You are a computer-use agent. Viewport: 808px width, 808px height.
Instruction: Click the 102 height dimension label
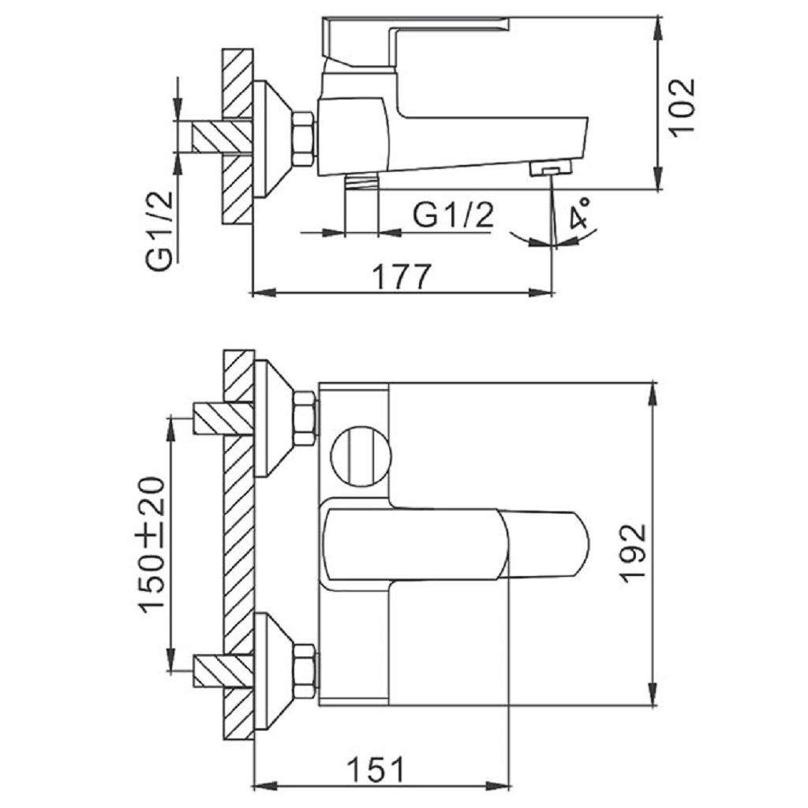[x=683, y=107]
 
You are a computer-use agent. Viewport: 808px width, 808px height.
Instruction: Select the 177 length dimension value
[x=402, y=276]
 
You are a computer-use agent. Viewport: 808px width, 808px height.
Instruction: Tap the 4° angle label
[x=582, y=214]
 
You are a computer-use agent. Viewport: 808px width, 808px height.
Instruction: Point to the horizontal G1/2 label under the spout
[x=453, y=215]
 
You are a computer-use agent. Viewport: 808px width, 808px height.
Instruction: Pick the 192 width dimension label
[x=633, y=552]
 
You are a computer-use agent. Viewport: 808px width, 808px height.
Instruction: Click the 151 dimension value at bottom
[x=375, y=768]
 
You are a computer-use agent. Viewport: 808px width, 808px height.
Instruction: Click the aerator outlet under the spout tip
[x=552, y=169]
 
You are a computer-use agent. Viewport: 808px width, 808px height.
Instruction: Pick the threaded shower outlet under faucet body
[x=362, y=182]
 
